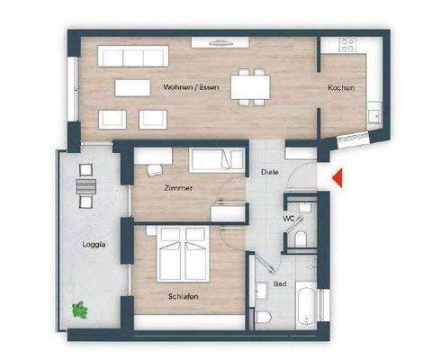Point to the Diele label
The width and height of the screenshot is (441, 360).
tap(269, 171)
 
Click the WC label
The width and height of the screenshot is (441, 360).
tap(289, 218)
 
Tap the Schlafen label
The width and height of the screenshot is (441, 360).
tap(182, 296)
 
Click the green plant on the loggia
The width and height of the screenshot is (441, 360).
tap(80, 309)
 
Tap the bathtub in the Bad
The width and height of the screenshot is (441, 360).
tap(306, 304)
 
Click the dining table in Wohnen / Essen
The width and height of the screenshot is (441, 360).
tap(250, 85)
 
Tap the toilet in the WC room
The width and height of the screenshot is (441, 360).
tap(303, 237)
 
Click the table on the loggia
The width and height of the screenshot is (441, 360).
tap(85, 185)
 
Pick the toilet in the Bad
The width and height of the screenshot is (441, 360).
tap(260, 319)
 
